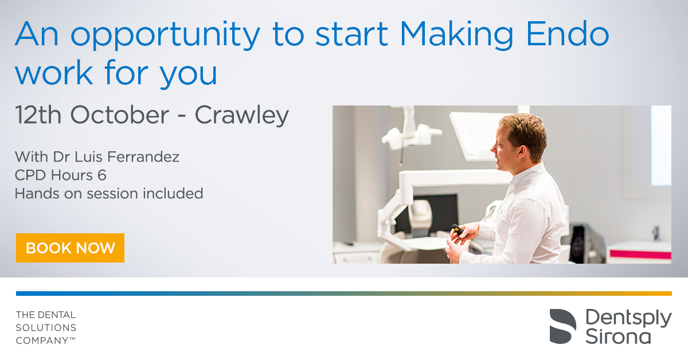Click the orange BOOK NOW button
click(70, 248)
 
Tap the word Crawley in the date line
click(242, 115)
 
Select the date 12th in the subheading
click(38, 115)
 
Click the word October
click(120, 115)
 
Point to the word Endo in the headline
click(568, 34)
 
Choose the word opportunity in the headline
click(166, 36)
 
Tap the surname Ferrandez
click(143, 156)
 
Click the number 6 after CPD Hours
click(102, 175)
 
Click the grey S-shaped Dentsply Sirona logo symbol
click(562, 326)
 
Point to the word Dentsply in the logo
click(628, 319)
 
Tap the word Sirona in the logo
click(618, 336)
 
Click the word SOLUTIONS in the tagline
click(46, 328)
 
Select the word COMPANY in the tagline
click(42, 341)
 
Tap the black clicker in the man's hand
click(458, 229)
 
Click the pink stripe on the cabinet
click(640, 255)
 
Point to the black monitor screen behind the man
click(430, 213)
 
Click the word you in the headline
click(189, 75)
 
